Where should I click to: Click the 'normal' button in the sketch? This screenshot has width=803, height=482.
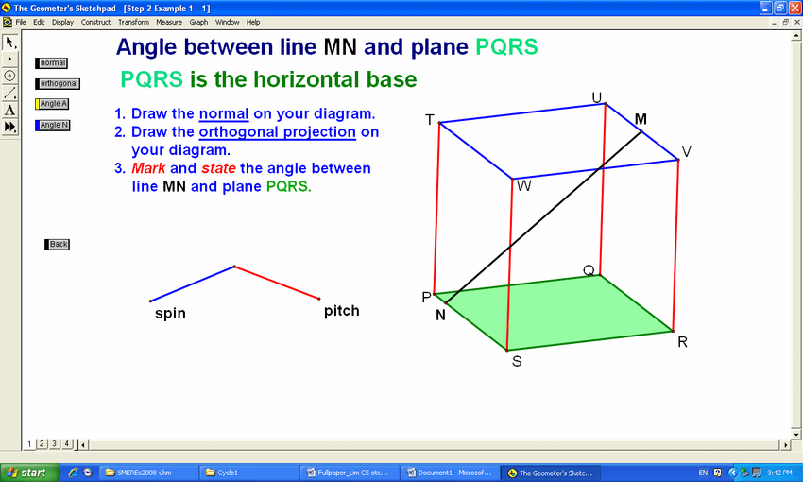[51, 63]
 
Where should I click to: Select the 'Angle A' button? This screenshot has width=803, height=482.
[52, 104]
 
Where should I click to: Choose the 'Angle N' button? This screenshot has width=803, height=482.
[52, 125]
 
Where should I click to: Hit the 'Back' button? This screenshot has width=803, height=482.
[57, 245]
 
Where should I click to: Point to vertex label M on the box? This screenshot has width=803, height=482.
[641, 119]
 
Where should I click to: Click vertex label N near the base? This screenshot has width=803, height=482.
[440, 315]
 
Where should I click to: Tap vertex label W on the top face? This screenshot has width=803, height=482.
[524, 185]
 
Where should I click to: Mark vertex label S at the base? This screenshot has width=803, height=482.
[517, 361]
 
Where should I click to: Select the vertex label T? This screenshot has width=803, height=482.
[430, 120]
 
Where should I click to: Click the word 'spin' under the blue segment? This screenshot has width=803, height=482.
[170, 314]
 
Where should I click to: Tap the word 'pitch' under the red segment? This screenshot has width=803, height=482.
[342, 311]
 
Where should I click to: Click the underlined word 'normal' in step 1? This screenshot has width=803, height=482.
[224, 113]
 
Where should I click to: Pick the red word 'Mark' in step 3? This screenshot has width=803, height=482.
[148, 168]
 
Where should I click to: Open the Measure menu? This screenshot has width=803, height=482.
[169, 22]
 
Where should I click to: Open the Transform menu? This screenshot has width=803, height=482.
[133, 22]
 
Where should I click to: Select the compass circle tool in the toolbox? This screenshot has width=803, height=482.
[9, 76]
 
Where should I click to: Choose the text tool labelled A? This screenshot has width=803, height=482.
[9, 110]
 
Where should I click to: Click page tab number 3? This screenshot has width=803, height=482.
[54, 444]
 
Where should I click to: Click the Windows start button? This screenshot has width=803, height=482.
[29, 473]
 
